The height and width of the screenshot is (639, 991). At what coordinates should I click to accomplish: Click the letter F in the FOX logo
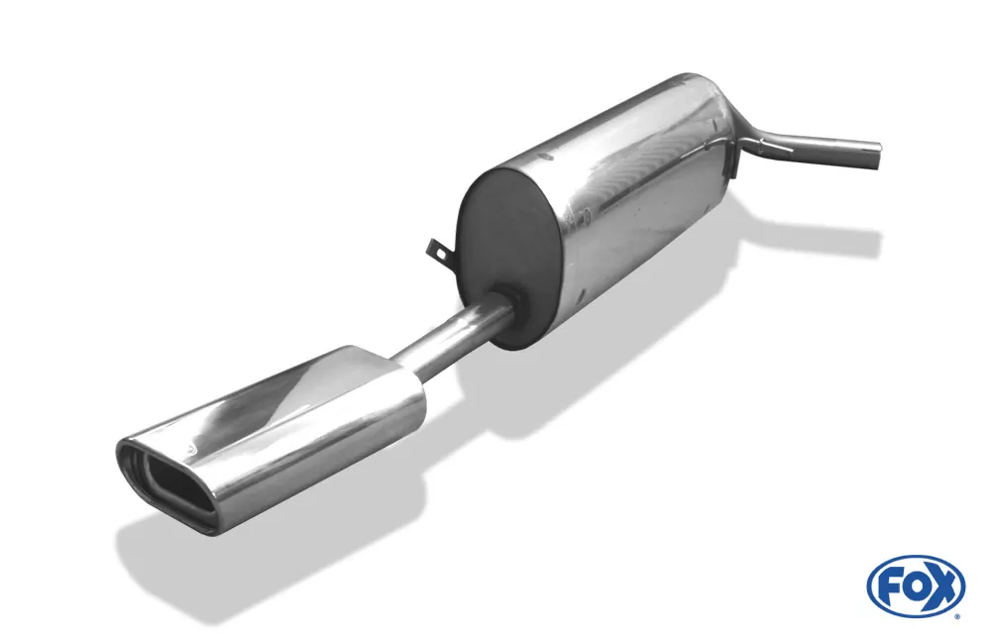click(892, 587)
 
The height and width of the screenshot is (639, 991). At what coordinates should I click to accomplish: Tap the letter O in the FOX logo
click(916, 587)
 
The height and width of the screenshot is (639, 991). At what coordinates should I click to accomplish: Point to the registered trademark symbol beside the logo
click(961, 615)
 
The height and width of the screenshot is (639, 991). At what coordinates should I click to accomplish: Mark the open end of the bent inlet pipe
click(874, 156)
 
